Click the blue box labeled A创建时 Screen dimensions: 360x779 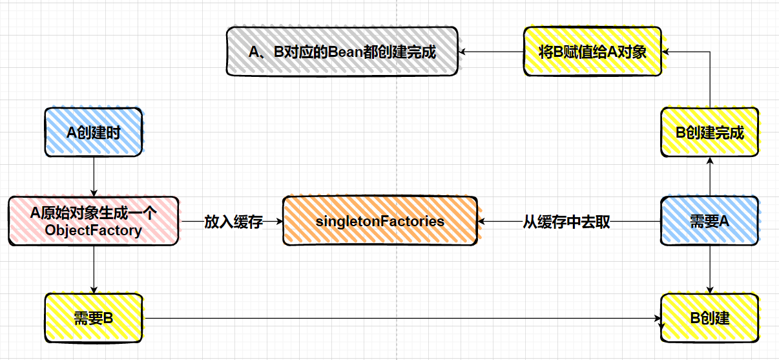pos(94,132)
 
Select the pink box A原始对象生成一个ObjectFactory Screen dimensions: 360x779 pos(94,221)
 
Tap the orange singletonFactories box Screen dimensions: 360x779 pos(380,221)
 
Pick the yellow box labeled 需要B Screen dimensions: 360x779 pos(94,318)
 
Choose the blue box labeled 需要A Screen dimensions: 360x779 pos(709,221)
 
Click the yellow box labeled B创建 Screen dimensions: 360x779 pos(709,318)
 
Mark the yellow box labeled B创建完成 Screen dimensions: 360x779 pos(709,132)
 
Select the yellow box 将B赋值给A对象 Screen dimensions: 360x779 pos(592,52)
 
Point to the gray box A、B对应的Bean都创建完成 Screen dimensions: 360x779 pos(342,52)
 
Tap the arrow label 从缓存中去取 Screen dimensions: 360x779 pos(566,222)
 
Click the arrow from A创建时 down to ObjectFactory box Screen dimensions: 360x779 pos(94,176)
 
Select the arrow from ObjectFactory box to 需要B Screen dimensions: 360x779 pos(94,269)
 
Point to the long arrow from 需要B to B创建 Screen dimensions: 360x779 pos(400,318)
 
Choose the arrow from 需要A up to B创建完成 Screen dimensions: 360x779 pos(710,176)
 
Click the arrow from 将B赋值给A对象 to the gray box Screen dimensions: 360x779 pos(491,52)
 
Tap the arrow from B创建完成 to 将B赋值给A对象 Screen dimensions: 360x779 pos(710,78)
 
